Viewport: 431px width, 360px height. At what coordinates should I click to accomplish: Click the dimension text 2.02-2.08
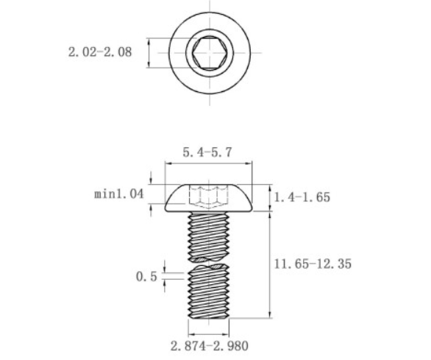click(x=101, y=52)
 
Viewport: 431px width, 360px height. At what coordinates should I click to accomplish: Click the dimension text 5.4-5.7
click(x=207, y=154)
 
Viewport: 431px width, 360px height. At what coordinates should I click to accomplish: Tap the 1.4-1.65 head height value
click(x=302, y=197)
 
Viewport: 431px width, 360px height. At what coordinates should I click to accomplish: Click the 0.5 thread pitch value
click(x=146, y=277)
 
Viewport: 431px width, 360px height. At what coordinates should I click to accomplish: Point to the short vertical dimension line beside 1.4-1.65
click(x=270, y=197)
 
